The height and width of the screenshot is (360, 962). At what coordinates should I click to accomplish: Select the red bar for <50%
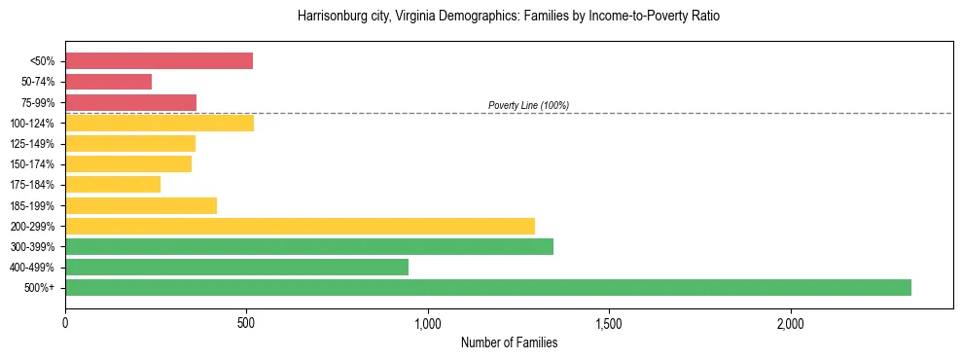tap(159, 61)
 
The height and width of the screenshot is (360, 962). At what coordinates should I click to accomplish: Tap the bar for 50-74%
tap(108, 82)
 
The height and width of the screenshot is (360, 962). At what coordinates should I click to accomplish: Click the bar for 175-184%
tap(113, 185)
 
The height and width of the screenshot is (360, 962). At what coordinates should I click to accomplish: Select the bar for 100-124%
tap(160, 123)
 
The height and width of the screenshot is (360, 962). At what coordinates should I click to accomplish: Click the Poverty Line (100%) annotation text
tap(528, 105)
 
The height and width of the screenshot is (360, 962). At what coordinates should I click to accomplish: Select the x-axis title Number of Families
tap(509, 342)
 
